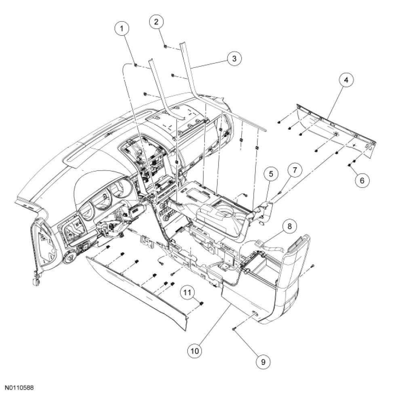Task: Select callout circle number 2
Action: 156,22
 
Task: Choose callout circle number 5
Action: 271,174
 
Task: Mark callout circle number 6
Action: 362,180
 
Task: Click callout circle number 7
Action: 294,170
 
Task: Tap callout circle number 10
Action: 196,350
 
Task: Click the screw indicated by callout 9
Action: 234,330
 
